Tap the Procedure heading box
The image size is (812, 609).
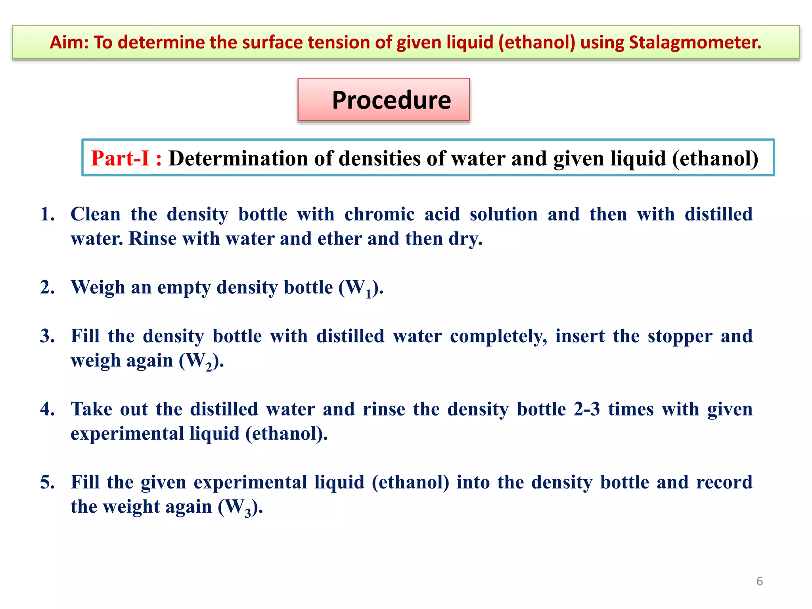pyautogui.click(x=383, y=100)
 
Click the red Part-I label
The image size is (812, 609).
pyautogui.click(x=126, y=158)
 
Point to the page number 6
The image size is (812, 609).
pyautogui.click(x=759, y=581)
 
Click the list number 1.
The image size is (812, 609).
pyautogui.click(x=47, y=214)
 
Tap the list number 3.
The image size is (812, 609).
pyautogui.click(x=47, y=336)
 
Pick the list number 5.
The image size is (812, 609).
pyautogui.click(x=47, y=482)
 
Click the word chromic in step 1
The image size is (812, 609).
pyautogui.click(x=379, y=214)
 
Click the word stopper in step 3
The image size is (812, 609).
pyautogui.click(x=680, y=336)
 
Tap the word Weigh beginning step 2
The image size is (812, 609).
pyautogui.click(x=98, y=287)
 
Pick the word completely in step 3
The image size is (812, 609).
pyautogui.click(x=498, y=336)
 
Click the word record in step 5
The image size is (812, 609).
pyautogui.click(x=724, y=482)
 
